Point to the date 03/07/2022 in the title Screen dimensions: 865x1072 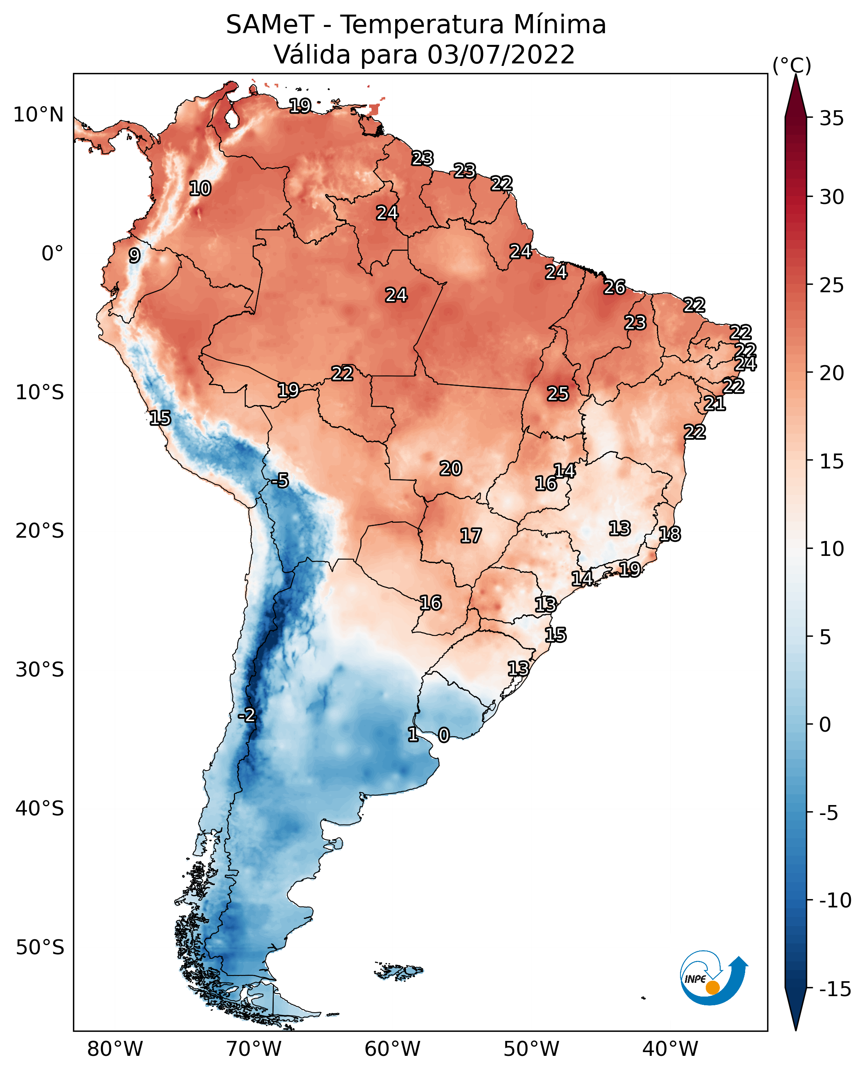tap(501, 54)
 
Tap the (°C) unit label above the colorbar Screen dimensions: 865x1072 tap(792, 65)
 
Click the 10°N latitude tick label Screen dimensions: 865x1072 tap(39, 115)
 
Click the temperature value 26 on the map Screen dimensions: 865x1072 tap(615, 287)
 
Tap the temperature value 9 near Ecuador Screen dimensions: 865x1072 tap(134, 255)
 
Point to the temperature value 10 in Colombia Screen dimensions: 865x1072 tap(200, 188)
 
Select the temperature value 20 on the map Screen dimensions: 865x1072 tap(450, 468)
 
